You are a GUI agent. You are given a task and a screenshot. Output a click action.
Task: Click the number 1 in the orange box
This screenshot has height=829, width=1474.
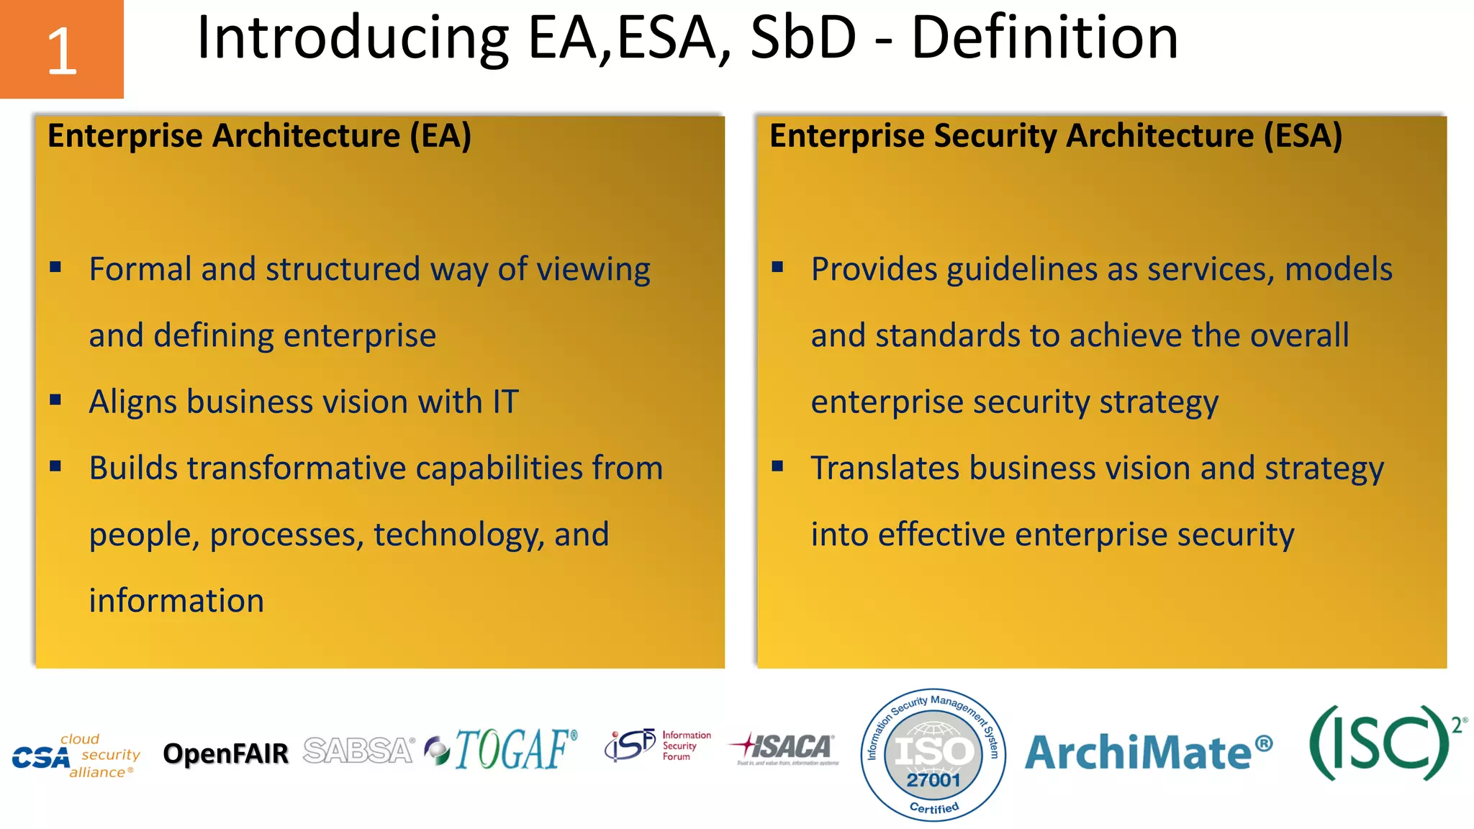[x=62, y=51]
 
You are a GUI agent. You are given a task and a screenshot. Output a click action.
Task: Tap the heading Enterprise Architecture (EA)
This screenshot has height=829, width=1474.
[x=259, y=136]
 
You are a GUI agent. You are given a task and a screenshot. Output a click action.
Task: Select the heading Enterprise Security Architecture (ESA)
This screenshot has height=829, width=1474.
[x=1055, y=136]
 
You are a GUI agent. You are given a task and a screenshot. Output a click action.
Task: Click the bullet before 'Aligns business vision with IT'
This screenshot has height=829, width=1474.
[x=55, y=400]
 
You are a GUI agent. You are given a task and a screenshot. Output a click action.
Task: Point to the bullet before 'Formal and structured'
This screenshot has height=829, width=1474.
[x=55, y=268]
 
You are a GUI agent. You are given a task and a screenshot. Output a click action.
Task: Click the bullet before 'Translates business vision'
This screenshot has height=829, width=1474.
[x=777, y=466]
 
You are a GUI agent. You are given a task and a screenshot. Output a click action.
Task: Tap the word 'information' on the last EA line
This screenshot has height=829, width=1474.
[x=176, y=601]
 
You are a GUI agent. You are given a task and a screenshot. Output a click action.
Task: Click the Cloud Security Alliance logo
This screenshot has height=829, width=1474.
[x=76, y=756]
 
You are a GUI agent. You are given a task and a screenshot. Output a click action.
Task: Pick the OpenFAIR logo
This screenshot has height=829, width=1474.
[x=225, y=753]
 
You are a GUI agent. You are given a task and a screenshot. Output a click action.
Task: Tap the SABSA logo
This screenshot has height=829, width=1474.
[x=358, y=751]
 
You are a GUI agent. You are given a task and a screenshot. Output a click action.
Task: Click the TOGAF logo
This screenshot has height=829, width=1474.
[x=503, y=749]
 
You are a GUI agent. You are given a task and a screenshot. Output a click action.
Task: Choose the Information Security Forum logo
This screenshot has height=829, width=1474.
[x=657, y=746]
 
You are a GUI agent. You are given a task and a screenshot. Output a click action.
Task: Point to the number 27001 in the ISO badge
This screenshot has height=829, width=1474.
[x=933, y=780]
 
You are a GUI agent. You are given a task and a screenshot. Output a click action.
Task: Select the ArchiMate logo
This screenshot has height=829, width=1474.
[x=1148, y=752]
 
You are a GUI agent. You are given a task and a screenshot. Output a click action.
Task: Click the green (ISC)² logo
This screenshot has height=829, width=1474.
[x=1385, y=743]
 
